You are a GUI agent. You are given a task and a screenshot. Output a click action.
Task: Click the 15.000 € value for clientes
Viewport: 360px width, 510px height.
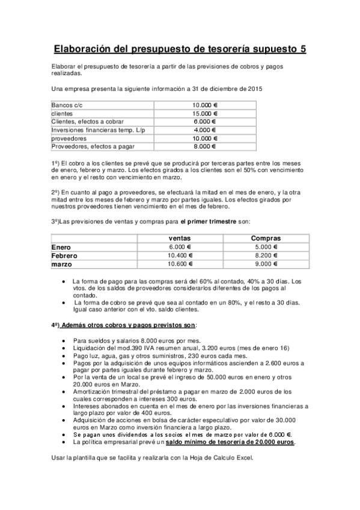204,113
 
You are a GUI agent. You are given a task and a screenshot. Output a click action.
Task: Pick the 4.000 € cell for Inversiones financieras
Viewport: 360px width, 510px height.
204,129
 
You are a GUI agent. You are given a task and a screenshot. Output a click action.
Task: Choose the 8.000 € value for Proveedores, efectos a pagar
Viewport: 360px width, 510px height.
204,146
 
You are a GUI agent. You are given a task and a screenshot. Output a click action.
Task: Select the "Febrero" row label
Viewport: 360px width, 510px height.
65,255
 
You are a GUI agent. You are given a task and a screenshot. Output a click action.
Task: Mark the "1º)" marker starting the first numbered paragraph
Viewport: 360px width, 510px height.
55,163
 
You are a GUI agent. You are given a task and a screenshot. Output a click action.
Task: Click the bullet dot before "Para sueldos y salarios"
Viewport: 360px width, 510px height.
64,340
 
